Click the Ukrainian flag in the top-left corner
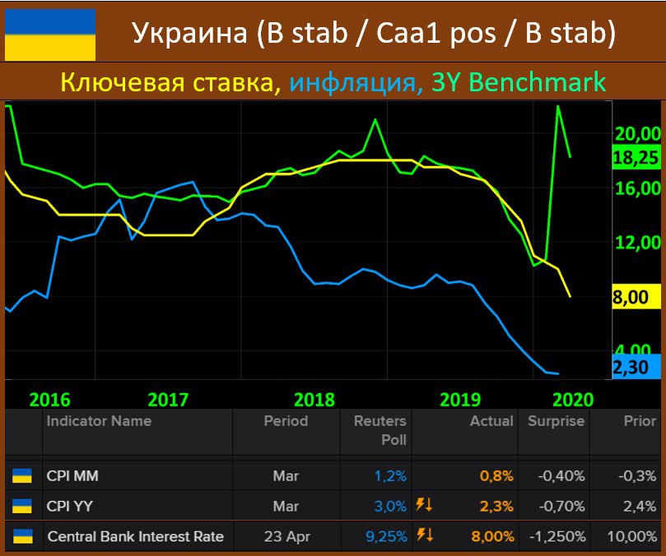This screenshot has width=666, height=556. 50,35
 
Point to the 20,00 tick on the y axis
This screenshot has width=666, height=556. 637,134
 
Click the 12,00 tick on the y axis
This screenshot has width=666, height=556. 637,243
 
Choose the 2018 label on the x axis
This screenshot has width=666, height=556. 314,400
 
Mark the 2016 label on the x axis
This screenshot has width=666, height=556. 49,400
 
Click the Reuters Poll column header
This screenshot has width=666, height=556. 380,429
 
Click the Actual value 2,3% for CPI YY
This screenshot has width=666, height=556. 497,506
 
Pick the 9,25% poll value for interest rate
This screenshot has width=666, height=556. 386,536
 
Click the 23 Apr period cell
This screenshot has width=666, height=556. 286,536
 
